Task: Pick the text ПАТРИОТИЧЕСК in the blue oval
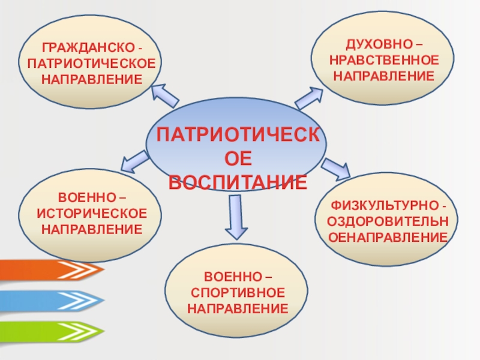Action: pos(238,134)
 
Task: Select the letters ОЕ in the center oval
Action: pos(238,158)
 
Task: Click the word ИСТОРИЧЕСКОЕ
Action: pos(92,214)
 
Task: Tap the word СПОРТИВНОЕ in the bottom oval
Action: pos(238,293)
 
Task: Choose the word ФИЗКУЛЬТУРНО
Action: pos(384,205)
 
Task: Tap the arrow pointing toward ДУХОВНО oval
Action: pos(309,97)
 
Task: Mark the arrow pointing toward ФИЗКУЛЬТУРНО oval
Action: pos(336,167)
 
